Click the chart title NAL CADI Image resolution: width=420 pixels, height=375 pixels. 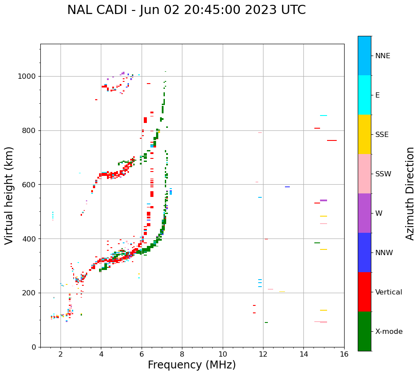pyautogui.click(x=186, y=10)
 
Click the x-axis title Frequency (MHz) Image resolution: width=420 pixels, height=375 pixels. pyautogui.click(x=192, y=365)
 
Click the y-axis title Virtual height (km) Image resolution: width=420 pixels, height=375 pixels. pyautogui.click(x=9, y=196)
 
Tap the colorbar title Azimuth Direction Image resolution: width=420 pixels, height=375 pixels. pyautogui.click(x=410, y=193)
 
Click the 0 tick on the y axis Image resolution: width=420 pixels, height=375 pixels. pyautogui.click(x=34, y=347)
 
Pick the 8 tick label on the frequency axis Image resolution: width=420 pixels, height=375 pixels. pyautogui.click(x=182, y=354)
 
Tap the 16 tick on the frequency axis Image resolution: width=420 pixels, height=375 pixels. pyautogui.click(x=344, y=354)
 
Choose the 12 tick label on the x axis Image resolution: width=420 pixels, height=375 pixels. pyautogui.click(x=263, y=354)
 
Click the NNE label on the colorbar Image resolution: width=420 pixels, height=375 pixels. pyautogui.click(x=382, y=56)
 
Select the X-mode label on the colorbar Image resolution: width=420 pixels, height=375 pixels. pyautogui.click(x=389, y=332)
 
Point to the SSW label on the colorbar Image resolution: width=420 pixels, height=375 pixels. pyautogui.click(x=383, y=174)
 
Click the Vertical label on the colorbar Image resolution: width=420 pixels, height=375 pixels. pyautogui.click(x=388, y=292)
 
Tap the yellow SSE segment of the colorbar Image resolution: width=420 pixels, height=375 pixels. pyautogui.click(x=364, y=134)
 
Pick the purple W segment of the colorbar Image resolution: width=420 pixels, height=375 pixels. pyautogui.click(x=364, y=213)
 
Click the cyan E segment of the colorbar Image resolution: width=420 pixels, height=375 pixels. pyautogui.click(x=364, y=95)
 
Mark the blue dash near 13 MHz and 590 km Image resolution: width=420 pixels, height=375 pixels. pyautogui.click(x=287, y=187)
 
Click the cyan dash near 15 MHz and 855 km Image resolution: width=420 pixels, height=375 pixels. pyautogui.click(x=324, y=116)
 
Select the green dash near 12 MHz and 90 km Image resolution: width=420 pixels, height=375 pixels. pyautogui.click(x=266, y=322)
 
